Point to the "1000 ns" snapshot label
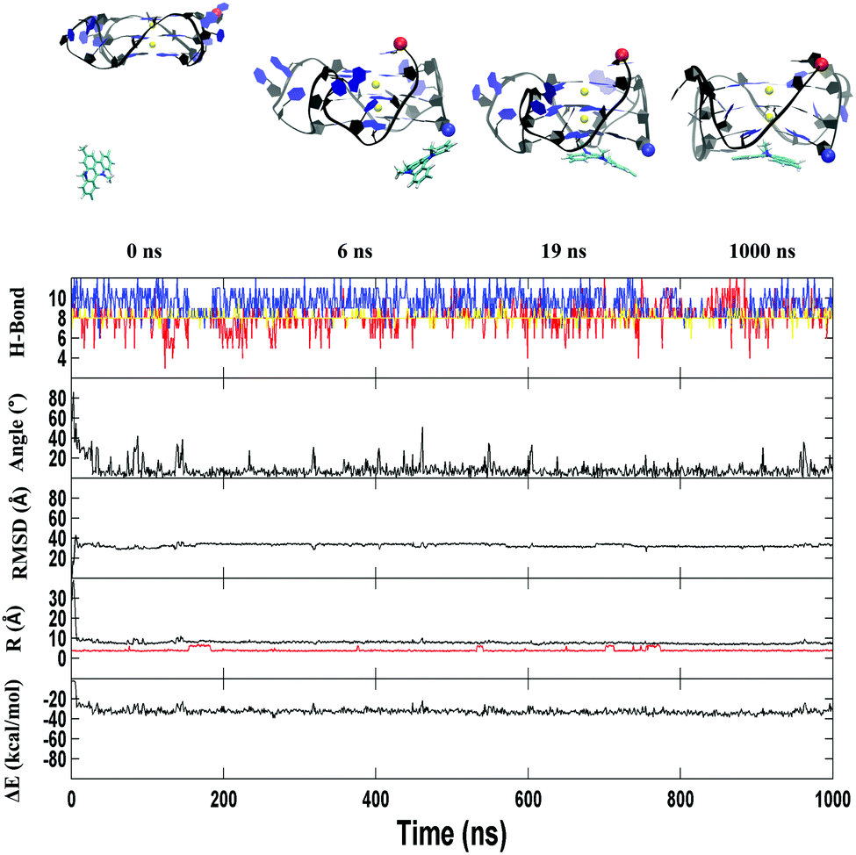coord(762,252)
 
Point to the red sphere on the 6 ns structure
coord(400,43)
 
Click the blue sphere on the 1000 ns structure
coord(827,157)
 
